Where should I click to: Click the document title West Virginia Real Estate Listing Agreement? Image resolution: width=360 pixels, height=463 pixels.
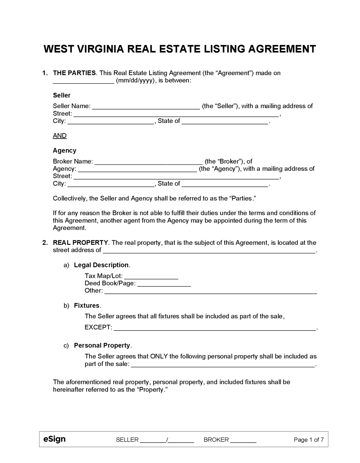180,49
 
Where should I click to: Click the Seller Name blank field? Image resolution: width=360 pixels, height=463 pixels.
146,106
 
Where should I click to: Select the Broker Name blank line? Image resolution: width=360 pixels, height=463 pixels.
148,162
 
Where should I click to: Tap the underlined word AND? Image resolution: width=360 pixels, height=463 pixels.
60,136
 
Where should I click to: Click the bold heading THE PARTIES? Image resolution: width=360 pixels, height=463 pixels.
74,73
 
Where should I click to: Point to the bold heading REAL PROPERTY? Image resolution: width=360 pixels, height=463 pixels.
80,243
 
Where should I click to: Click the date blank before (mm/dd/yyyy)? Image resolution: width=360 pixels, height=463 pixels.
84,81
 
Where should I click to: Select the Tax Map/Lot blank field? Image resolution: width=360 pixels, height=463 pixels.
151,276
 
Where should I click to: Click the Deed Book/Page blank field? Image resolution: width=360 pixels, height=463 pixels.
164,284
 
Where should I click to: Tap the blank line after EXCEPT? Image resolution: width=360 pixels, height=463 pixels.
215,328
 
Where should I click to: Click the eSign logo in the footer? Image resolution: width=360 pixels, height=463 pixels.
54,439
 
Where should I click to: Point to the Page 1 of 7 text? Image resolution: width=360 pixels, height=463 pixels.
309,440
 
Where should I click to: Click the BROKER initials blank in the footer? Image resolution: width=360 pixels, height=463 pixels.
243,440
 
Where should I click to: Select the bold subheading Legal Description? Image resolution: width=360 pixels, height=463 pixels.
101,265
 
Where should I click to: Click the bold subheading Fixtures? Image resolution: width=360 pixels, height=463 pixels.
87,305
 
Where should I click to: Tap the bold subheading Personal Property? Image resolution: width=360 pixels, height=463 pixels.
102,345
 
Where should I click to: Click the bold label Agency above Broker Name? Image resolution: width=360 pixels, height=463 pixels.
65,150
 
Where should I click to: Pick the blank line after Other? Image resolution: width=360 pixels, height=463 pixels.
210,291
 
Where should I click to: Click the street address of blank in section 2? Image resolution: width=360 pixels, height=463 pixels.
209,250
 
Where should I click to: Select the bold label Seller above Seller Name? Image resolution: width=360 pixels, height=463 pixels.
62,95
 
